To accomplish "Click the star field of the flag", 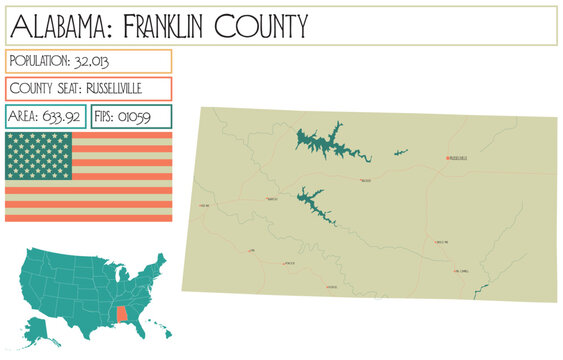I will [x=38, y=155].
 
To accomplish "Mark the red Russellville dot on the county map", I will [x=447, y=158].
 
